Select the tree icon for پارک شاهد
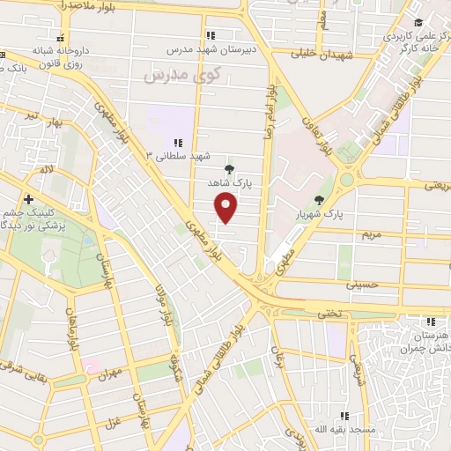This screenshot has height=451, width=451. pyautogui.click(x=230, y=168)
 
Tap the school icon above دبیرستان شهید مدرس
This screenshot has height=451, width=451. pyautogui.click(x=210, y=35)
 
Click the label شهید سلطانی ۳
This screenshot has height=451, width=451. pyautogui.click(x=180, y=156)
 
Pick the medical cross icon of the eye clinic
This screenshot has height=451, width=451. pyautogui.click(x=29, y=200)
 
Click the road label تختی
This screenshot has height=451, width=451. pyautogui.click(x=328, y=313)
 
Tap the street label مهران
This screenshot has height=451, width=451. pyautogui.click(x=108, y=374)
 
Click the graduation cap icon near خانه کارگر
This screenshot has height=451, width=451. pyautogui.click(x=419, y=21)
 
